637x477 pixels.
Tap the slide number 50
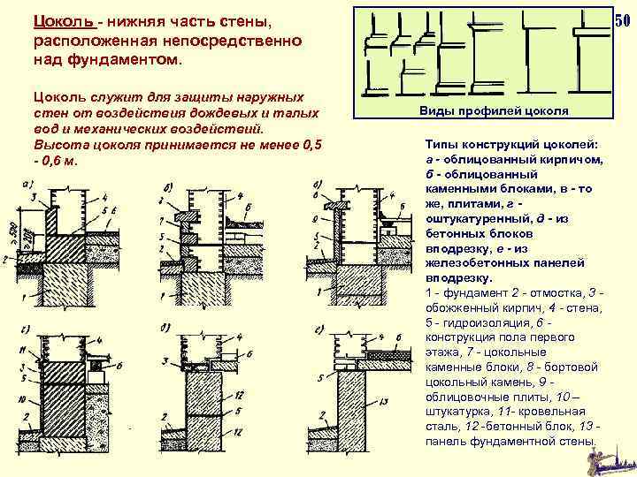pos(623,20)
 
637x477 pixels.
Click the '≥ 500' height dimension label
pos(11,232)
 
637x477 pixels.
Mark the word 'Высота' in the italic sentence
pos(58,144)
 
